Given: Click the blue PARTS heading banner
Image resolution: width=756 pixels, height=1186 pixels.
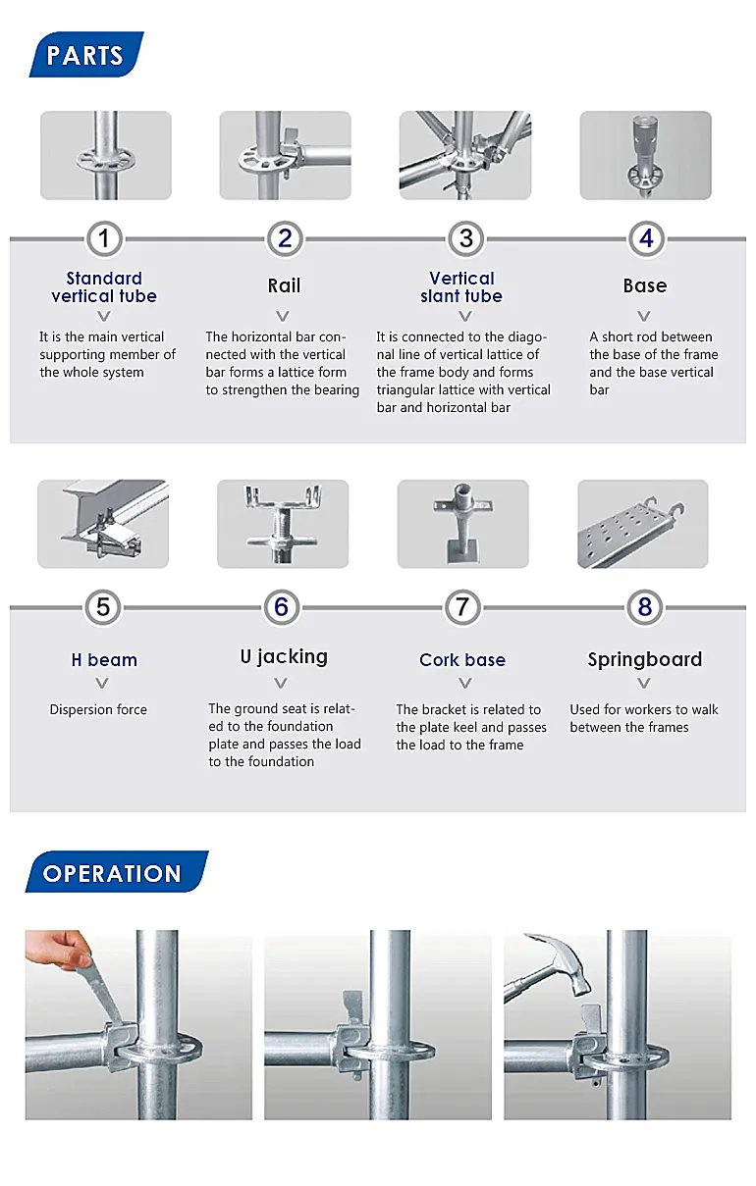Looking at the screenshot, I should [86, 55].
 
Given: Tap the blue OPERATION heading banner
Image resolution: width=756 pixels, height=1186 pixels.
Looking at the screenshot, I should [115, 873].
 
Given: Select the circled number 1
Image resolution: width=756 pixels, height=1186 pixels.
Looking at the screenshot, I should [104, 238].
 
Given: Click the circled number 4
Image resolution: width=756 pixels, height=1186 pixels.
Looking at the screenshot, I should [645, 238].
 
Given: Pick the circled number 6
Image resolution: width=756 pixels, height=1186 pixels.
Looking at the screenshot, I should [281, 607].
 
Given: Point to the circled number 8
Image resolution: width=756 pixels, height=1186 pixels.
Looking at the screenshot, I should [644, 607].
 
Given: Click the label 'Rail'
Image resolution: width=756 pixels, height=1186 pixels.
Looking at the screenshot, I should [284, 285].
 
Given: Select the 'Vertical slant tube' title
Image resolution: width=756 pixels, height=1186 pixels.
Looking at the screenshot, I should [461, 287].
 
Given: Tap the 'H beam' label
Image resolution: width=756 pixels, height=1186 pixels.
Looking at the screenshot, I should [104, 660].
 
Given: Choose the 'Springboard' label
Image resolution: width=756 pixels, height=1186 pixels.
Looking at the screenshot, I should [644, 659].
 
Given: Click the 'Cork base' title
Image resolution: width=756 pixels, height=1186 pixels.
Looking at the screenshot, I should [462, 660].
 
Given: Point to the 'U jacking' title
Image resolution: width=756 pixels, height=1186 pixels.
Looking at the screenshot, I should [284, 657].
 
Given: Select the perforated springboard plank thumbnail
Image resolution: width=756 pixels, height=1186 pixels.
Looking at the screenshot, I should [642, 523].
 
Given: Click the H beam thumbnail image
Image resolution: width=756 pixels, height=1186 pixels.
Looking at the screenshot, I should [103, 523].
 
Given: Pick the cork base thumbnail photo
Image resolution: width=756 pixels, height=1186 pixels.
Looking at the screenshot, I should [462, 523].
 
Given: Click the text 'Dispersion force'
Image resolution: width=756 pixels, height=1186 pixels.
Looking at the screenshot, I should [98, 709].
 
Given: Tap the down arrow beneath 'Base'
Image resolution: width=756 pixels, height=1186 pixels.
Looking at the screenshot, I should [644, 316].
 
